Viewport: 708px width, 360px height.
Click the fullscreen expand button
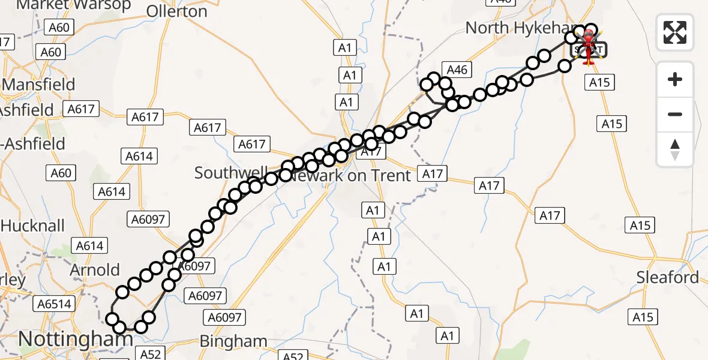(675, 32)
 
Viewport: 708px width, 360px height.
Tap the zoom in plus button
(675, 79)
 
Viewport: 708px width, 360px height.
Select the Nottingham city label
(75, 340)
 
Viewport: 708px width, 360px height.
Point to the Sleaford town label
(668, 278)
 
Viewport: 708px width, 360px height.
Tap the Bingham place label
(233, 341)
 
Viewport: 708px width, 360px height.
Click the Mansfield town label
(39, 84)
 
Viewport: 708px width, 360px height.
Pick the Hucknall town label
(32, 226)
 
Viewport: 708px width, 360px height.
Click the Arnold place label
(95, 270)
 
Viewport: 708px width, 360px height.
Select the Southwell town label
(230, 173)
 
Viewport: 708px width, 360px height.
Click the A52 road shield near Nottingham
(150, 354)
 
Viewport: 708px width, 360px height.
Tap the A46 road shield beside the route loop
(457, 70)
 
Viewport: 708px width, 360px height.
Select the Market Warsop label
(74, 5)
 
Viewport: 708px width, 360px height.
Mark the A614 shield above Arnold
(90, 245)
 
